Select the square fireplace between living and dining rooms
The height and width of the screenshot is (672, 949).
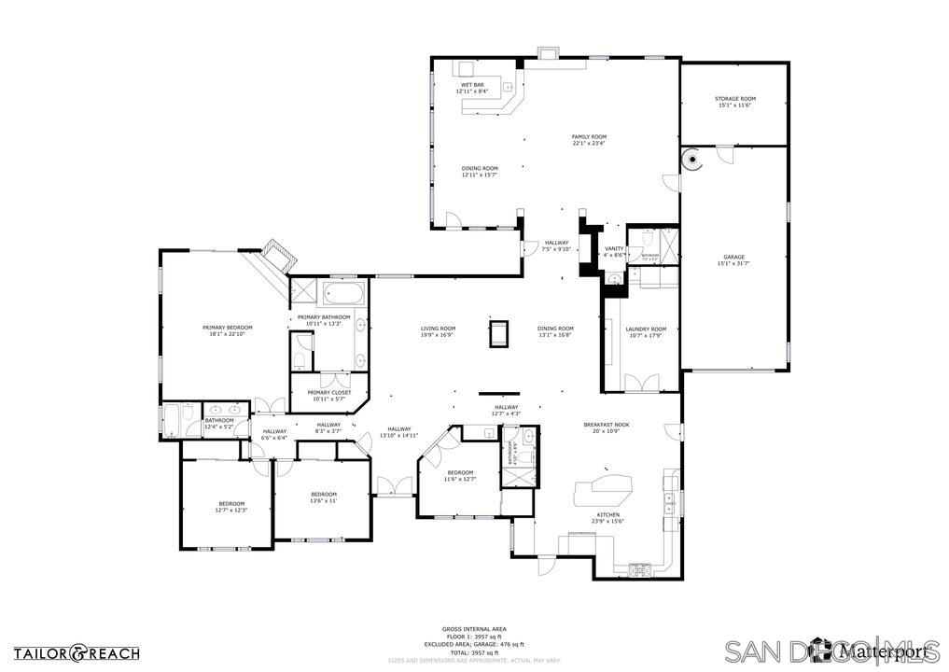[499, 332]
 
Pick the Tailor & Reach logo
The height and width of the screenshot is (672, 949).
[77, 653]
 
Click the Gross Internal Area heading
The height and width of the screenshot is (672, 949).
[474, 629]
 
